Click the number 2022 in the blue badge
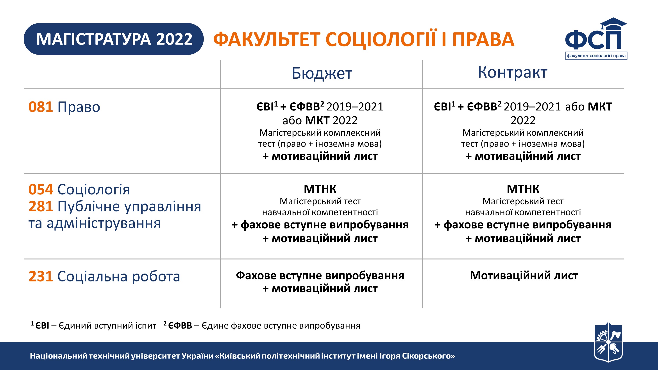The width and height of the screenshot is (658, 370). (174, 39)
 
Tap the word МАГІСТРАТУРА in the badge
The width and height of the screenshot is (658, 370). (93, 39)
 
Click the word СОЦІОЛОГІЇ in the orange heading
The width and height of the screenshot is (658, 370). (381, 39)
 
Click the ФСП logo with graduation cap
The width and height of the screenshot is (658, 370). (596, 38)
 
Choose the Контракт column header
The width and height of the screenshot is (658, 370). (512, 72)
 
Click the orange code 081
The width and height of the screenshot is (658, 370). (41, 107)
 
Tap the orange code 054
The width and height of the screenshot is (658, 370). (41, 189)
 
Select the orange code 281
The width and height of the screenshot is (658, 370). (41, 206)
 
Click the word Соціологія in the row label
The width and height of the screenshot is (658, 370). (93, 189)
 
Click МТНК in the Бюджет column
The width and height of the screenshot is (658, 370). (320, 189)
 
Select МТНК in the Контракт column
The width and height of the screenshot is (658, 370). (523, 189)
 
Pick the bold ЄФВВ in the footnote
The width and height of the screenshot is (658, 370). (180, 326)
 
